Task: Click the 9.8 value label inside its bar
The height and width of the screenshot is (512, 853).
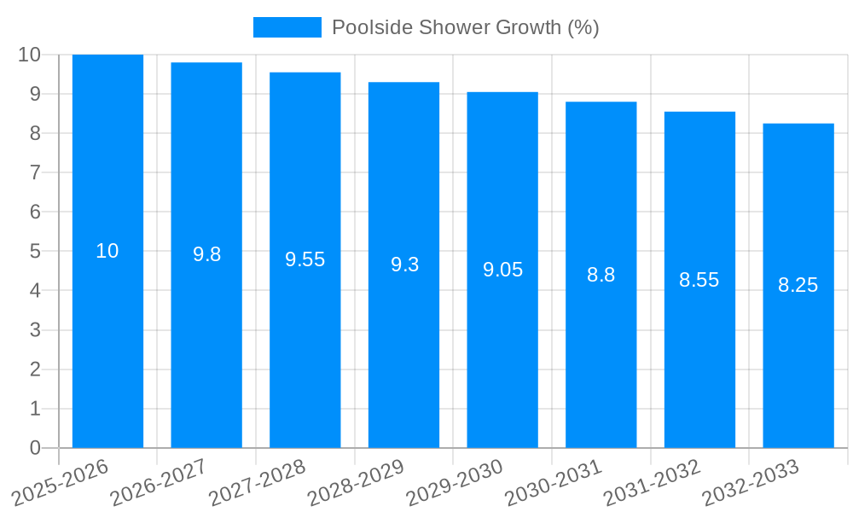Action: (x=206, y=254)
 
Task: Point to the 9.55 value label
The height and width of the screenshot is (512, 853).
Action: (x=305, y=259)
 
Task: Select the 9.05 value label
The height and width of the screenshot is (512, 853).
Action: (x=502, y=270)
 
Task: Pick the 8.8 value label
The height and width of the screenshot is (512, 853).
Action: (x=601, y=275)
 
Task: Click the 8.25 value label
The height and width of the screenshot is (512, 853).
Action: (x=798, y=285)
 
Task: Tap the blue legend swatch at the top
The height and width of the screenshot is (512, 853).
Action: (x=287, y=27)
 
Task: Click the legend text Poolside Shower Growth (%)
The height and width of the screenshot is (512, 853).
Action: (x=465, y=27)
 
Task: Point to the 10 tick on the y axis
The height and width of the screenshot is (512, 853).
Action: (x=29, y=55)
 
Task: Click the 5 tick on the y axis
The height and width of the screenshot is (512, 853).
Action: (x=35, y=252)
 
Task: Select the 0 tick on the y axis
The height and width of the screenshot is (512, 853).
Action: (x=35, y=448)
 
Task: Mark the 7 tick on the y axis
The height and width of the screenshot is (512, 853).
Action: (x=35, y=172)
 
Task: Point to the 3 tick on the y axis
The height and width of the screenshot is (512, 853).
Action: (x=35, y=330)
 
